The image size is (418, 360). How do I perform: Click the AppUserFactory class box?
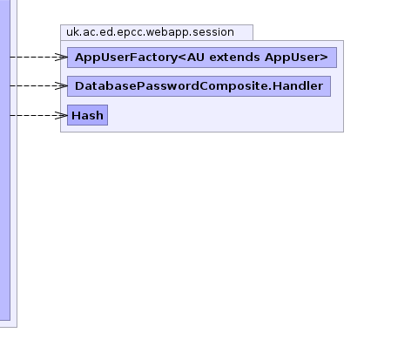(x=202, y=58)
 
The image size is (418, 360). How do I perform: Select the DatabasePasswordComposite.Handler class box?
(x=199, y=86)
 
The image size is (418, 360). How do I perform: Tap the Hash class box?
(x=87, y=115)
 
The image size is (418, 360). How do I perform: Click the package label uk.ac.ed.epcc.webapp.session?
(x=150, y=32)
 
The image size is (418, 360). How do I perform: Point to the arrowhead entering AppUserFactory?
(x=61, y=57)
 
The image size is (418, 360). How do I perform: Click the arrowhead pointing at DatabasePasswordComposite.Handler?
(x=61, y=85)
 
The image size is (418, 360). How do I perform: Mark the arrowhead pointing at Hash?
(x=61, y=115)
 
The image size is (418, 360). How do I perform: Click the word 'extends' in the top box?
(x=234, y=58)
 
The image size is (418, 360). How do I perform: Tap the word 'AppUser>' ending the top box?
(x=296, y=58)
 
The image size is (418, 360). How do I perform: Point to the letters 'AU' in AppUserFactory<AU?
(x=196, y=58)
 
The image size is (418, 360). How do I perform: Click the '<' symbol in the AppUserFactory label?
(x=182, y=58)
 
